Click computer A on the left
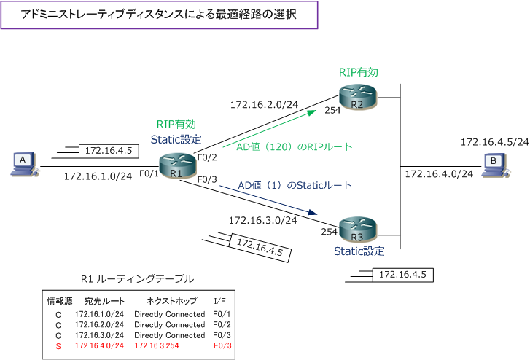(23, 164)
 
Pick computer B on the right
(494, 165)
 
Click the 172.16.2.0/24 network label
(263, 104)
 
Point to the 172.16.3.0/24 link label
(262, 219)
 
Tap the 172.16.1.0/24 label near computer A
(98, 176)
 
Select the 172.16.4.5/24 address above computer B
(494, 142)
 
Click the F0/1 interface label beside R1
(149, 173)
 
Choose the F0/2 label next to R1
(208, 157)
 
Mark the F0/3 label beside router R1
(208, 179)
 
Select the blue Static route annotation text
(295, 185)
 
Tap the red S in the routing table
(58, 345)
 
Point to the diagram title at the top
(160, 15)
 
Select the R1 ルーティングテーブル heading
(138, 278)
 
